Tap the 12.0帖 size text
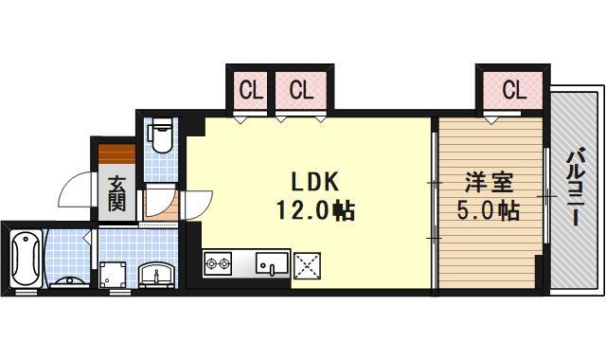coord(314,211)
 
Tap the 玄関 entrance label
coord(116,192)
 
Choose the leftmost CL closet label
coord(250,91)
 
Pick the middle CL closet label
coord(301,91)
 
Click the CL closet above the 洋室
coord(513,91)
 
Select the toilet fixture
coord(161,135)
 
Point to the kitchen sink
coord(273,263)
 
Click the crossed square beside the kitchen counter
coord(308,264)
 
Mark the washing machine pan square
coord(116,275)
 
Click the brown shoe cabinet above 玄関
coord(116,153)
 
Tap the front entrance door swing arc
coord(74,192)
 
